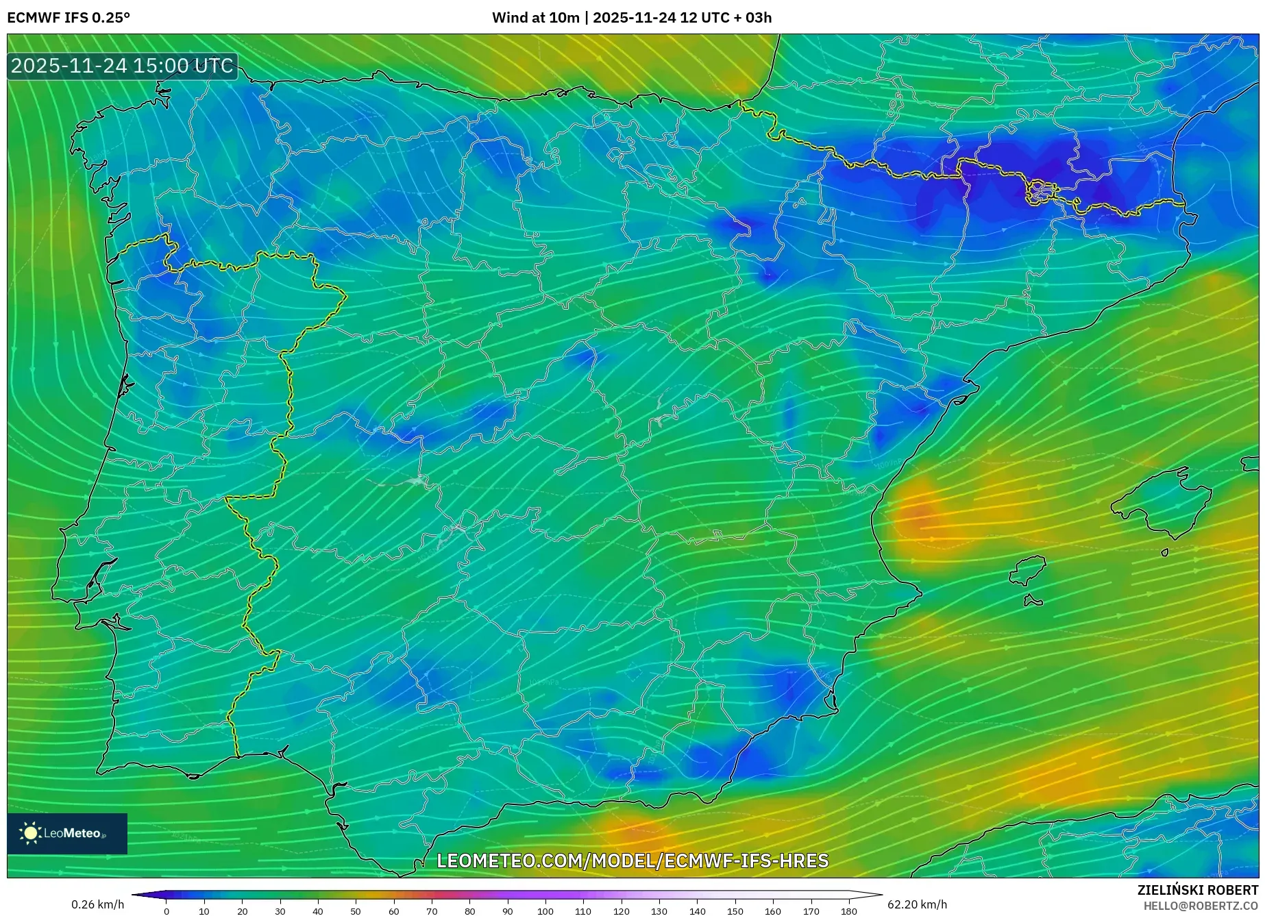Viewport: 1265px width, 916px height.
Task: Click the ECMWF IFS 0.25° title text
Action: pos(69,18)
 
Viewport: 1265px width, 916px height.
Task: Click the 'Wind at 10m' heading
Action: pos(535,18)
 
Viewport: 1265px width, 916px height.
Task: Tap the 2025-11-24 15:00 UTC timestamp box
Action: pos(122,66)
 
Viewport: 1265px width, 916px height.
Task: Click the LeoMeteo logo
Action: pos(67,833)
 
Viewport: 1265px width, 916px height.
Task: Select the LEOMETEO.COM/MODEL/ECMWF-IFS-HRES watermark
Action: pos(632,861)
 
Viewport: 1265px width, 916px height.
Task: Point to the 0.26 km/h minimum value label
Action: pos(97,904)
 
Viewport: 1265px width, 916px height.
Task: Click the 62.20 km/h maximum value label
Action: pos(917,904)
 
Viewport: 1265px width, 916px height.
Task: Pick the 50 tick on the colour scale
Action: pos(356,911)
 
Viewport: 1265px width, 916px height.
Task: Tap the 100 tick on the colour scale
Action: pos(545,911)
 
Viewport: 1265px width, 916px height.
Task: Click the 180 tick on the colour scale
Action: pos(848,911)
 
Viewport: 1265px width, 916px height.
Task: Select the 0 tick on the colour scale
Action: pos(167,911)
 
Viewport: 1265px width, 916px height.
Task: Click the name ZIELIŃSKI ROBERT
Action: pos(1197,890)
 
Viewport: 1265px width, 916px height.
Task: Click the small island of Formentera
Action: pos(1033,601)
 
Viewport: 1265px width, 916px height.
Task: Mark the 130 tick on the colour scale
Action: pos(659,911)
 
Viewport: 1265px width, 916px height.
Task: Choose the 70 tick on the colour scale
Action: pos(432,911)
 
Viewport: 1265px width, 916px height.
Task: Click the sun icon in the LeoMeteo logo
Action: pos(31,833)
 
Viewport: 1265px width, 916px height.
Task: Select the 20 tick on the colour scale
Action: pos(242,911)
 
